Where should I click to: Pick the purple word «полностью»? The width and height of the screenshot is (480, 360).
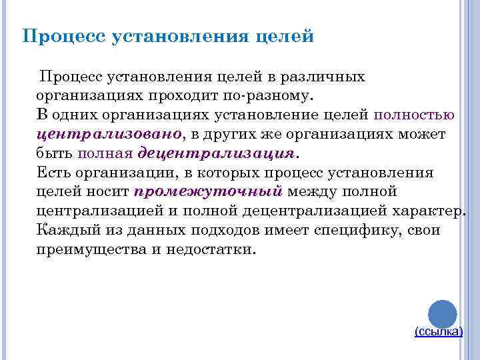point(415,115)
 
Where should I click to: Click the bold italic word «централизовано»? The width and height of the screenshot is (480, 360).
point(109,134)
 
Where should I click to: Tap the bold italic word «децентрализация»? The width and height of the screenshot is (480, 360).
point(216,153)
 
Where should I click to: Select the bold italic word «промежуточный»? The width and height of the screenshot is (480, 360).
point(209,192)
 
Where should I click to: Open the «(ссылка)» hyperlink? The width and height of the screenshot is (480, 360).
point(438,331)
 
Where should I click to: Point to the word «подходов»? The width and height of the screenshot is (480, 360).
point(221,231)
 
